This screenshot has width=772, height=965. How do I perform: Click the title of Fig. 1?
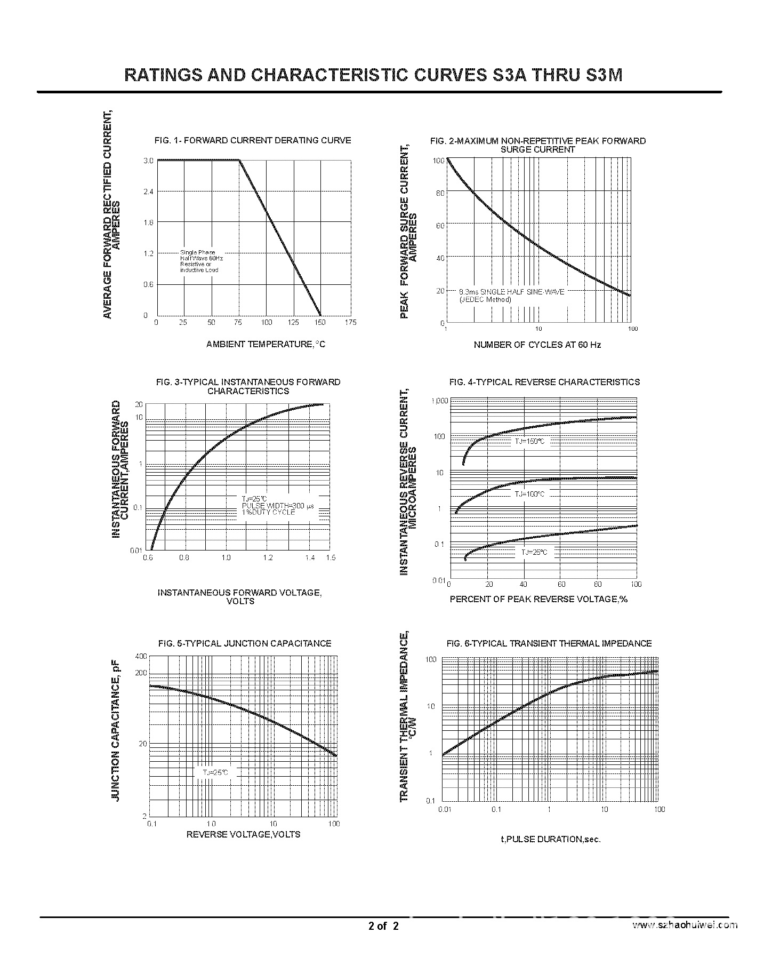(x=253, y=140)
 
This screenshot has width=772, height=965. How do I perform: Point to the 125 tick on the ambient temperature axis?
(x=293, y=322)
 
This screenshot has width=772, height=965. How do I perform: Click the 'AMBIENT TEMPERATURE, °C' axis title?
(x=266, y=344)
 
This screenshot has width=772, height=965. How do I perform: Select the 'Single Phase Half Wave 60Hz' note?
(x=202, y=255)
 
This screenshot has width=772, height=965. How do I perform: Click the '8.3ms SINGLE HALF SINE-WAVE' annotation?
(x=511, y=292)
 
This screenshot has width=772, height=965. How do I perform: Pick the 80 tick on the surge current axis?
(x=440, y=193)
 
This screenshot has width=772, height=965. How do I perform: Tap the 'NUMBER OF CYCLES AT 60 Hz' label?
(x=537, y=345)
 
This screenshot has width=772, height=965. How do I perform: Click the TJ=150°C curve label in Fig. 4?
(x=529, y=441)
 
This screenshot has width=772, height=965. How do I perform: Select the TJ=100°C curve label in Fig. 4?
(x=529, y=494)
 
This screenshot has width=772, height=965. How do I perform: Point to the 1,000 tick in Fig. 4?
(x=440, y=400)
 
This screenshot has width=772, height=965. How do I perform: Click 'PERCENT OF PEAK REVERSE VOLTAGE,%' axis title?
(x=538, y=599)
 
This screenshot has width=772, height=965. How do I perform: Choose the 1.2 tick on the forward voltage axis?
(x=268, y=557)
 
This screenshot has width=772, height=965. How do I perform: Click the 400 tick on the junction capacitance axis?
(x=141, y=656)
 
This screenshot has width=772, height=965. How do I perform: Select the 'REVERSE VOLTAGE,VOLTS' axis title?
(x=243, y=834)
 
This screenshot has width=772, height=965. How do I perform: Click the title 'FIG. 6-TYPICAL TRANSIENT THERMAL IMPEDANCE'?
(x=549, y=643)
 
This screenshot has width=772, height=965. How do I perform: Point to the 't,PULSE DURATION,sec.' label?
(x=550, y=839)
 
